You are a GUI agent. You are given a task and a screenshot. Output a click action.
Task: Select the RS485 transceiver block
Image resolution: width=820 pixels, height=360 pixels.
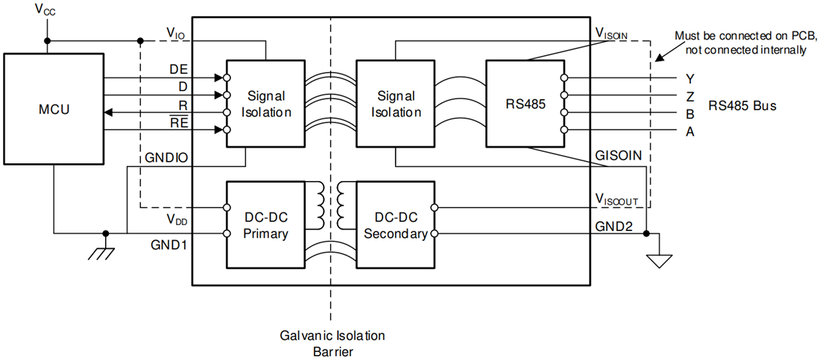[x=525, y=104]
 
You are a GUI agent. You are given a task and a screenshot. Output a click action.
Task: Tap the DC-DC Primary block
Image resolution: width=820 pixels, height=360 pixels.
[x=265, y=224]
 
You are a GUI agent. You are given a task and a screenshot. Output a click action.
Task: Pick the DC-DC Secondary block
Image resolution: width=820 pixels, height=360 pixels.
[x=395, y=224]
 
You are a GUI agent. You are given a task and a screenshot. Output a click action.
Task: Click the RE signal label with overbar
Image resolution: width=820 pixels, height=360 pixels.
[x=180, y=122]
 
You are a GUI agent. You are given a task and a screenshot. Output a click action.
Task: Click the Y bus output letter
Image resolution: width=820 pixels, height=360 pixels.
[x=690, y=79]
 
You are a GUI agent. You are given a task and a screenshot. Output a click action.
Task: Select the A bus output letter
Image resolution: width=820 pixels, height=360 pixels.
[x=690, y=133]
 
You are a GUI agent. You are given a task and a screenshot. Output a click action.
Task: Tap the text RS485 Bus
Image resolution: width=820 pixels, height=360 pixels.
[x=742, y=105]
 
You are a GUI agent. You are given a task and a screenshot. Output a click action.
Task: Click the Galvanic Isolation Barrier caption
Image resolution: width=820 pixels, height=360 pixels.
[x=333, y=342]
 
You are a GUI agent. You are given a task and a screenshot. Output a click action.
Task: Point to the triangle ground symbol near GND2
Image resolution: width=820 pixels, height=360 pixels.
[x=659, y=261]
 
